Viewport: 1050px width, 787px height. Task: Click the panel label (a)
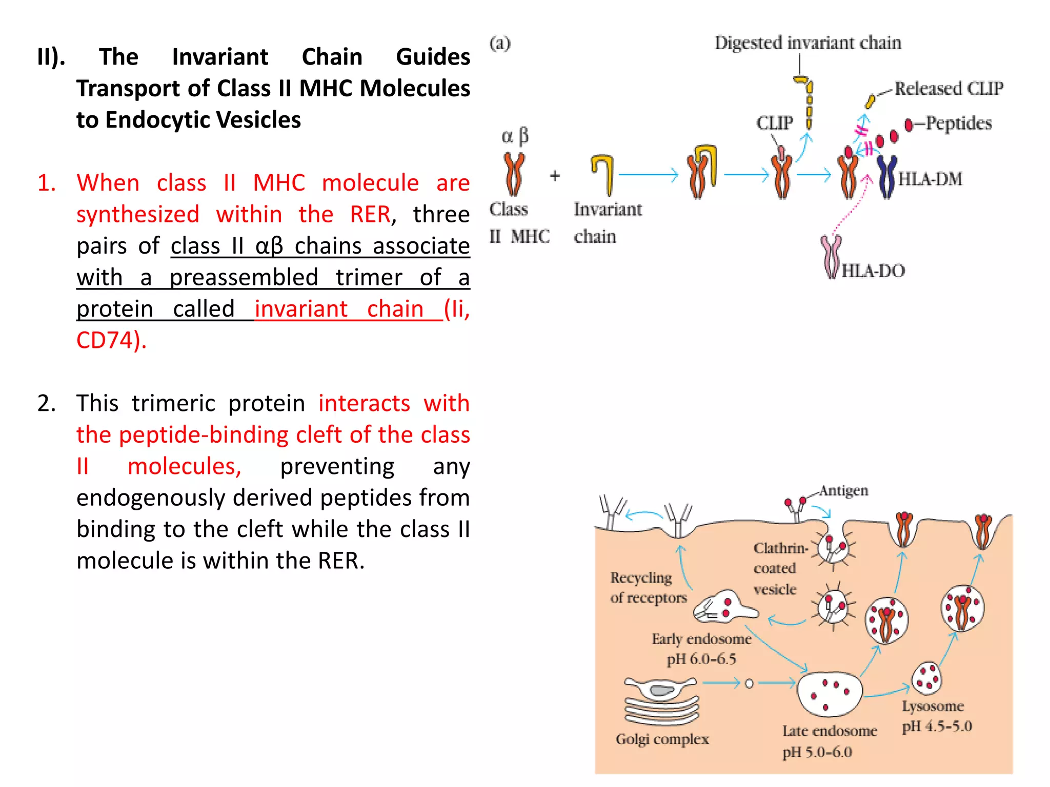coord(500,43)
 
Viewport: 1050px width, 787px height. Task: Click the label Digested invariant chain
coord(807,43)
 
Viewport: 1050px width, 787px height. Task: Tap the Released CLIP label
coord(948,89)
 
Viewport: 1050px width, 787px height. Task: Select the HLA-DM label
coord(930,179)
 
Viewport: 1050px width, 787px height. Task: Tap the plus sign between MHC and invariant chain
coord(555,176)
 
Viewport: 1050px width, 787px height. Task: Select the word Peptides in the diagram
coord(959,123)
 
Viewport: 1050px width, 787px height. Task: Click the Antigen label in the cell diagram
coord(843,491)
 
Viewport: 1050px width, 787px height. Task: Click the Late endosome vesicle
coord(830,694)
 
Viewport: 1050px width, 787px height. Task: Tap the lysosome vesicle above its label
coord(926,677)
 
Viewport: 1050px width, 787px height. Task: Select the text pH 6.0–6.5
coord(701,659)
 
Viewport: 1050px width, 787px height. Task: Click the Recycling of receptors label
coord(648,588)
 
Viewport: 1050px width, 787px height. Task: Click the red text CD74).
coord(111,340)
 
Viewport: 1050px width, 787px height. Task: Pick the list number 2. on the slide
coord(47,403)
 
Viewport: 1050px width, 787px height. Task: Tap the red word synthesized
coord(137,214)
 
